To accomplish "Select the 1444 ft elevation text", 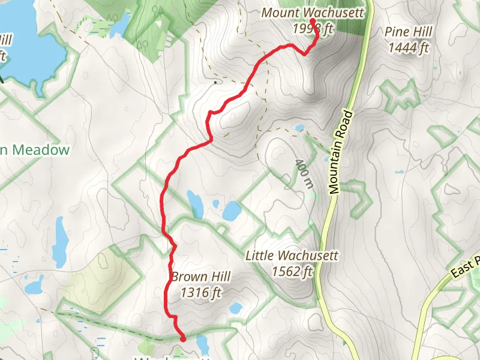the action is pos(408,48).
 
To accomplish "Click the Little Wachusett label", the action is pos(292,256).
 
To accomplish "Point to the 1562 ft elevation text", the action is pos(292,272).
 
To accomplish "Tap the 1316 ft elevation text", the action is pos(200,293).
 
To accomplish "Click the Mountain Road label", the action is pos(342,152).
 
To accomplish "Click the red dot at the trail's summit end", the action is pos(313,21).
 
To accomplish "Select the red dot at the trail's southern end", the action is pos(182,338).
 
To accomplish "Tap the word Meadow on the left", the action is pos(39,150).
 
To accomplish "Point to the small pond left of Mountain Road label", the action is pos(299,127).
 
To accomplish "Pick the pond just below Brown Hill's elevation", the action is pos(236,308).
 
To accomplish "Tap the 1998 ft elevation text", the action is pos(313,29).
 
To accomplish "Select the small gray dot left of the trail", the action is pos(214,81).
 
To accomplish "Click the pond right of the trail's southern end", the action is pos(202,344).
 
